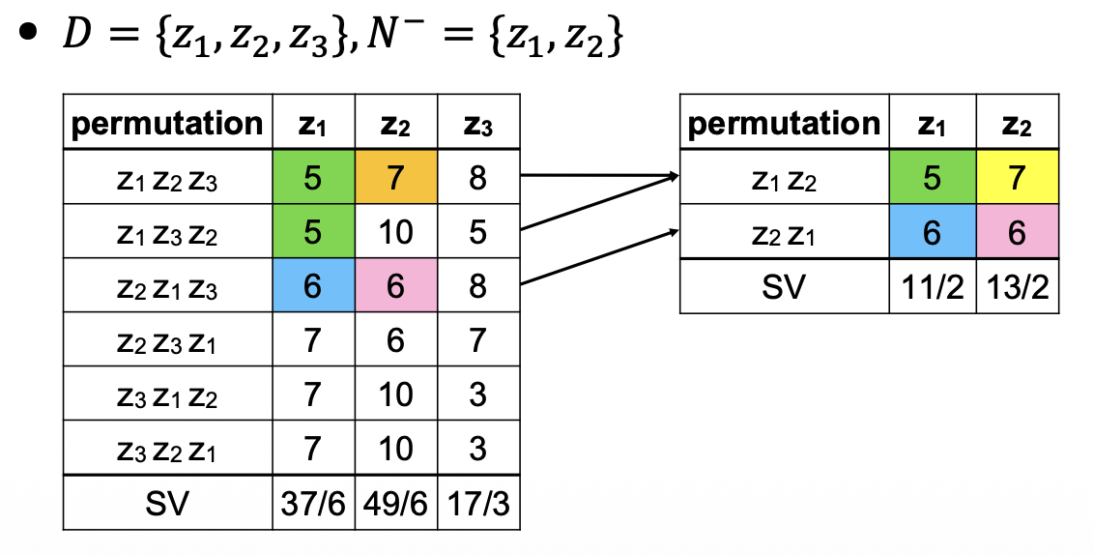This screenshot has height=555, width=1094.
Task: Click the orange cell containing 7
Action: pos(396,177)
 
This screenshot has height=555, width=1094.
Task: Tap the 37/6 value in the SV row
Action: pos(313,503)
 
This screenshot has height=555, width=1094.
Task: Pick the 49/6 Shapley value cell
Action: pos(396,503)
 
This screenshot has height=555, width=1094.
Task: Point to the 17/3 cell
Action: pos(478,503)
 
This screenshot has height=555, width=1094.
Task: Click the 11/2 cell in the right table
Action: pos(931,287)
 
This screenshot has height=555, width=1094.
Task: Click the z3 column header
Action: pos(478,122)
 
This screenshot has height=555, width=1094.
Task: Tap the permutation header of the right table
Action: pos(784,123)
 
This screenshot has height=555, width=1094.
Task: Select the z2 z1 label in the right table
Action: pos(784,232)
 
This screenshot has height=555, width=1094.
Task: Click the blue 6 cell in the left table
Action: pos(313,285)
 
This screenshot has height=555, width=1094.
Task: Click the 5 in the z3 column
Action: pos(478,231)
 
